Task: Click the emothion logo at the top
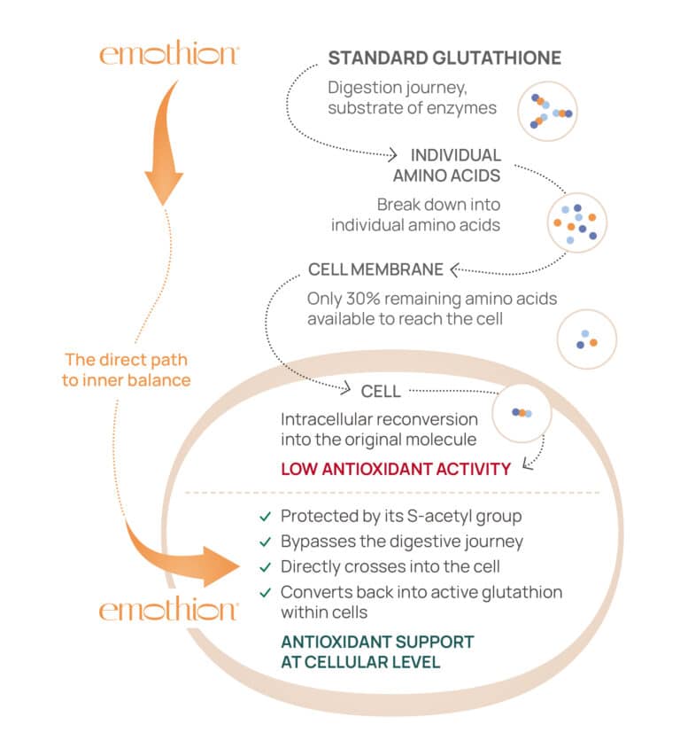[x=168, y=54]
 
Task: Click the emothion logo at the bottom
[x=168, y=611]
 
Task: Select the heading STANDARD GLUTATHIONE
[x=444, y=58]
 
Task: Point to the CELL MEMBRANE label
[x=376, y=269]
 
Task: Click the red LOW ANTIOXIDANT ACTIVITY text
[x=396, y=468]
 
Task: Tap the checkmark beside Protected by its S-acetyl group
[x=264, y=516]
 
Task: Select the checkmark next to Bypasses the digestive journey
[x=264, y=542]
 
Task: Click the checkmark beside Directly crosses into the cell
[x=264, y=566]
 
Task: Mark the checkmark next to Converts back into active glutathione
[x=264, y=592]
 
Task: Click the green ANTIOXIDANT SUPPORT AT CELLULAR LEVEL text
[x=377, y=651]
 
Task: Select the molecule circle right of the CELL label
[x=522, y=413]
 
